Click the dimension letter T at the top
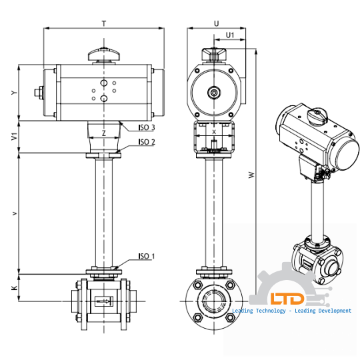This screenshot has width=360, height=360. [103, 23]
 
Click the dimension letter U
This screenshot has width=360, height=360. [217, 23]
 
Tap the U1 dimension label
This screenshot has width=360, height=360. [230, 35]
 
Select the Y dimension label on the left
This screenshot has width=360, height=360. [14, 93]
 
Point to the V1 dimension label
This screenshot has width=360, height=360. [14, 137]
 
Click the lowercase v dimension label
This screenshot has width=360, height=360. [14, 213]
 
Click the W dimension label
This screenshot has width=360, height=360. [251, 175]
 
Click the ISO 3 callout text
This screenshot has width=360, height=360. [147, 127]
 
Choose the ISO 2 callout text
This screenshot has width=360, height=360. [147, 141]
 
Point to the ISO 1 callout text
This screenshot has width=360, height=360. [147, 256]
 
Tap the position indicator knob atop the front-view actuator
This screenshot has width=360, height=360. [103, 53]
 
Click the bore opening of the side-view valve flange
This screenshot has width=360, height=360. [213, 301]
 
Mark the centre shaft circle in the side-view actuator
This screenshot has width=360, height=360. [213, 93]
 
